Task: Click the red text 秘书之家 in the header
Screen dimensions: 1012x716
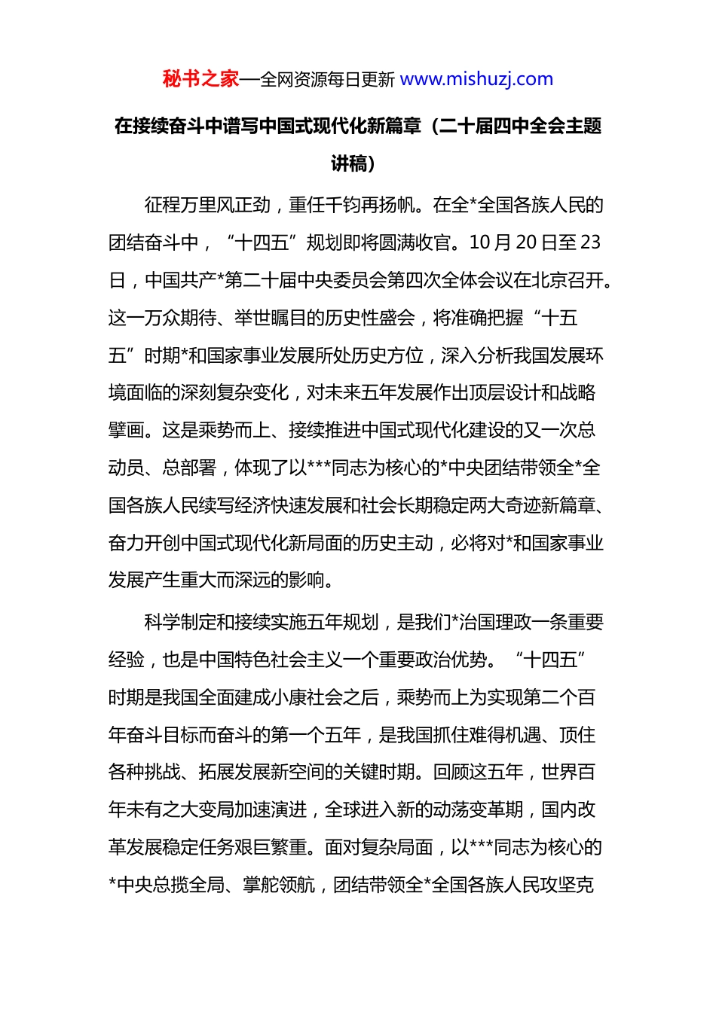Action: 200,79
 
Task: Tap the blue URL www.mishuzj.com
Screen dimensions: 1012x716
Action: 476,79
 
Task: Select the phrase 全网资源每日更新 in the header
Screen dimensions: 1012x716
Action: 327,80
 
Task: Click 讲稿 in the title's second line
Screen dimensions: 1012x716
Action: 349,163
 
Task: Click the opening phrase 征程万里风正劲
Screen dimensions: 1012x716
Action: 207,205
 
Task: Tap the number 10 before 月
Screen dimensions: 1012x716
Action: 480,242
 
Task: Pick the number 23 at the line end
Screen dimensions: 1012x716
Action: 591,242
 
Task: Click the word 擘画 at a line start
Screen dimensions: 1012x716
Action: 126,430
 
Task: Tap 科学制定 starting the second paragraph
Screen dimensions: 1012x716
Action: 180,622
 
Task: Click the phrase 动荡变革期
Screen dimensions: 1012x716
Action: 478,809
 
